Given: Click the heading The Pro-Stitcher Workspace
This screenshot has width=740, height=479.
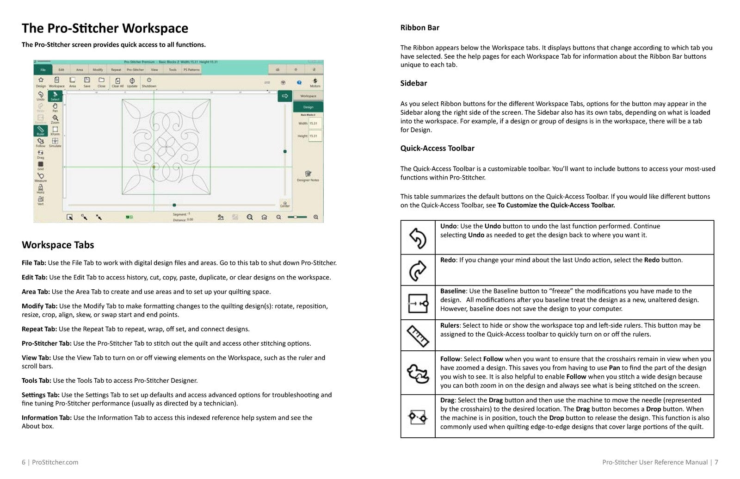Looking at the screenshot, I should pyautogui.click(x=105, y=29).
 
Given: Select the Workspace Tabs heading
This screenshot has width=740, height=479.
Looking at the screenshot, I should pyautogui.click(x=58, y=245).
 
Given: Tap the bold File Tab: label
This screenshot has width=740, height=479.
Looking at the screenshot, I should pyautogui.click(x=34, y=263).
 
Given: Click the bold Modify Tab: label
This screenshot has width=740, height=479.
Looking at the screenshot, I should pyautogui.click(x=39, y=306).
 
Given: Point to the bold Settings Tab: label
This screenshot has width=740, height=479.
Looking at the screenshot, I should pyautogui.click(x=40, y=395).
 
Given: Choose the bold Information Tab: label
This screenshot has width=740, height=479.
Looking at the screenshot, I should pyautogui.click(x=46, y=417).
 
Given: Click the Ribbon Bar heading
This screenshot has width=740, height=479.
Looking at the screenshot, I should pyautogui.click(x=419, y=28).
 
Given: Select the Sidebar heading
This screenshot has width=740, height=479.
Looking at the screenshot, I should pyautogui.click(x=413, y=83).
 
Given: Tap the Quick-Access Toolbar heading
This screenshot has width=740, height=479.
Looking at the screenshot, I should pyautogui.click(x=437, y=149).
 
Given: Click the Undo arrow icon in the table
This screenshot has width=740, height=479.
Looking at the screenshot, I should pyautogui.click(x=418, y=238).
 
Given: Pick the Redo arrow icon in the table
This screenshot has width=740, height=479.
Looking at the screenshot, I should pyautogui.click(x=418, y=270).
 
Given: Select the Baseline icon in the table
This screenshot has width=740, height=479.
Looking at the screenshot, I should pyautogui.click(x=418, y=303).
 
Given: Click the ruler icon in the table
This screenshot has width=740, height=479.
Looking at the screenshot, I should pyautogui.click(x=418, y=336).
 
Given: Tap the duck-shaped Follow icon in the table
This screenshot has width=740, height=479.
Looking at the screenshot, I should pyautogui.click(x=418, y=373).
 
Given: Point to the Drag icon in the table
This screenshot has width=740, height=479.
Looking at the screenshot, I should pyautogui.click(x=418, y=417).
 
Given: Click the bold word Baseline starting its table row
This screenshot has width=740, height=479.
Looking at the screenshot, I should pyautogui.click(x=452, y=291).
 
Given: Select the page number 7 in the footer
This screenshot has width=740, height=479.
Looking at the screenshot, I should pyautogui.click(x=716, y=462).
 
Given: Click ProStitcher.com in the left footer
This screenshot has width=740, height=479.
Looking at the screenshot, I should pyautogui.click(x=55, y=462).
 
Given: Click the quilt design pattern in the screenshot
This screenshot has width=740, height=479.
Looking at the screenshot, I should pyautogui.click(x=166, y=147).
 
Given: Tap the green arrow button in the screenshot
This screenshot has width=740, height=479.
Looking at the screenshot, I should pyautogui.click(x=284, y=96).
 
